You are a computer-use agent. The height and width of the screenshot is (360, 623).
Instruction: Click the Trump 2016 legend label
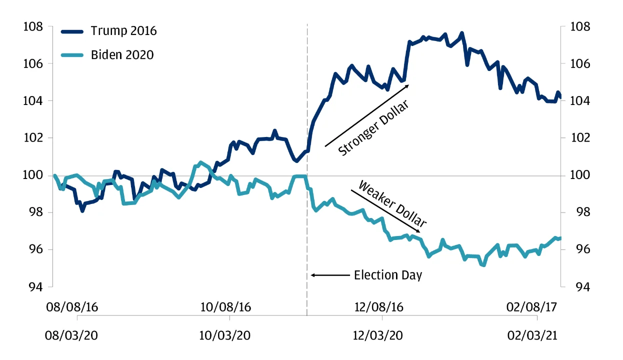click(x=123, y=31)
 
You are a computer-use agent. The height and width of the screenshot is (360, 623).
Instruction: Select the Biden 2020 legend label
click(x=122, y=54)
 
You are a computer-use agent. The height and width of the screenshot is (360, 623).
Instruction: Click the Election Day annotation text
click(x=388, y=275)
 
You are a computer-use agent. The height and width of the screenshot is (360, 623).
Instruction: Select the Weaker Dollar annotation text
click(x=393, y=205)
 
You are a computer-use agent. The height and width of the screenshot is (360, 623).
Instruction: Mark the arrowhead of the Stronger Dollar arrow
click(x=408, y=86)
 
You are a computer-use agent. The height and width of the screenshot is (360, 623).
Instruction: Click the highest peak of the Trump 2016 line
click(x=461, y=33)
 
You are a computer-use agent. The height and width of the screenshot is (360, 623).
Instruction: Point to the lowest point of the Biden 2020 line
click(x=483, y=265)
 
